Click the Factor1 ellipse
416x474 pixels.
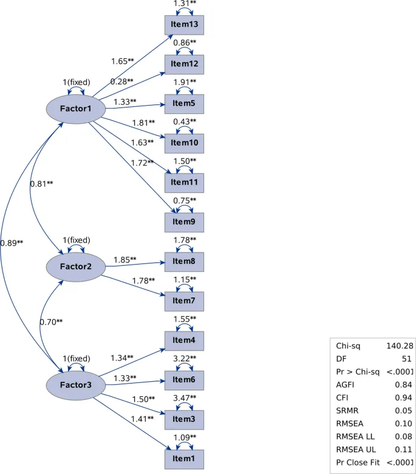pyautogui.click(x=77, y=109)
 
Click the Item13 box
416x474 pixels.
pyautogui.click(x=184, y=25)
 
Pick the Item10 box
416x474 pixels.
pyautogui.click(x=184, y=143)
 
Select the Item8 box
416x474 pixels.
pyautogui.click(x=184, y=262)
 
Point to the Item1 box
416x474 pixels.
pyautogui.click(x=184, y=459)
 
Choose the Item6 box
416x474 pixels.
pyautogui.click(x=184, y=380)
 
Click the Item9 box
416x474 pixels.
pyautogui.click(x=184, y=222)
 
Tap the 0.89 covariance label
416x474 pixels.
pyautogui.click(x=12, y=243)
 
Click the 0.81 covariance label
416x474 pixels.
pyautogui.click(x=42, y=183)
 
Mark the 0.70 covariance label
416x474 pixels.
pyautogui.click(x=51, y=322)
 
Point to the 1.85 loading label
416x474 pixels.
pyautogui.click(x=125, y=260)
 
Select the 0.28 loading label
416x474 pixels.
pyautogui.click(x=121, y=81)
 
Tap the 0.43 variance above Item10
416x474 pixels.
pyautogui.click(x=184, y=121)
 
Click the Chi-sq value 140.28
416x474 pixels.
pyautogui.click(x=399, y=345)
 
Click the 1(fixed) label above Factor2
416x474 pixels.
pyautogui.click(x=77, y=240)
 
